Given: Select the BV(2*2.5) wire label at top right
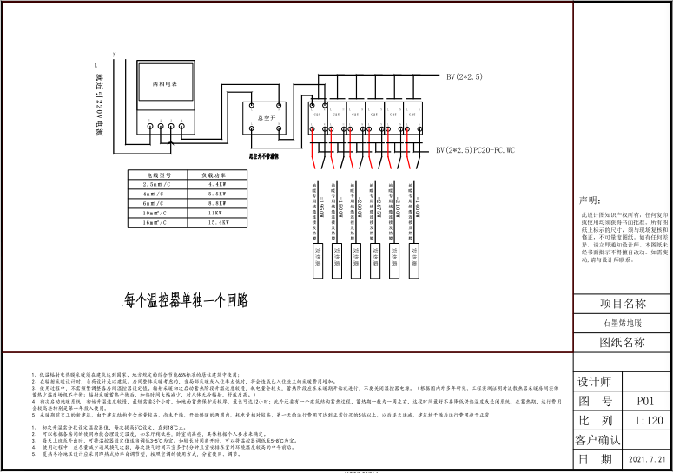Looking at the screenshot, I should point(465,77).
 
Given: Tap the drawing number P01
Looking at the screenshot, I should point(643,401).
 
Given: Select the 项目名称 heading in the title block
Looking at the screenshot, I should point(623,304).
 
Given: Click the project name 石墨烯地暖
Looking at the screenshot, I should point(623,323).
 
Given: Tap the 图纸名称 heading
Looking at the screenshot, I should point(623,342).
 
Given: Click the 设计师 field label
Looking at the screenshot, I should point(595,382).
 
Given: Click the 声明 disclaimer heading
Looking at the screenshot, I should point(591,200).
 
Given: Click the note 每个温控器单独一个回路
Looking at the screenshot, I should point(186,300).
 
